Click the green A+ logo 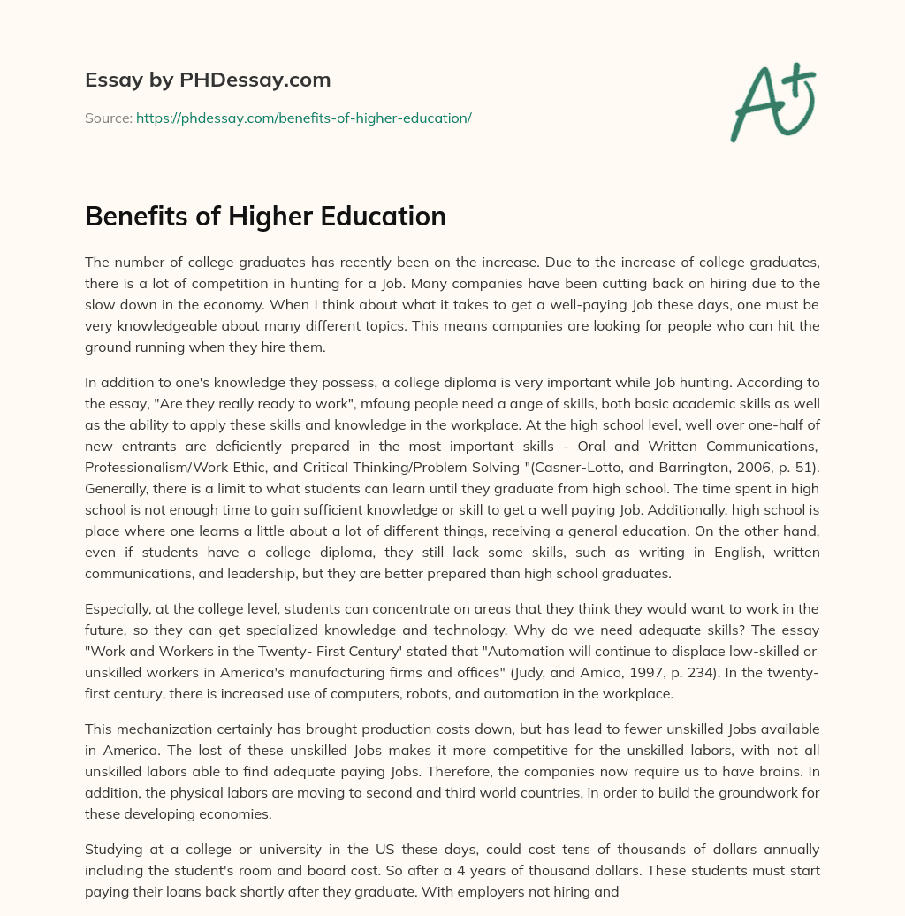point(772,102)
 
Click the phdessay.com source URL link point(303,118)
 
